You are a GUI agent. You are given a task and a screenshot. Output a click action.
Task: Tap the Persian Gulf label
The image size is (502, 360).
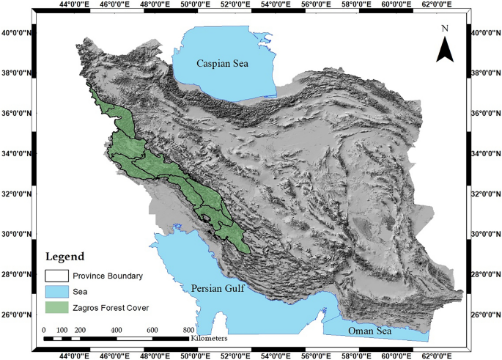220,288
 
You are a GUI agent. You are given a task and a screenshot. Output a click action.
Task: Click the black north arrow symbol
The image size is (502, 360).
444,50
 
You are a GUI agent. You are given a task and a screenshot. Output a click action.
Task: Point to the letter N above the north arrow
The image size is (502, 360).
444,29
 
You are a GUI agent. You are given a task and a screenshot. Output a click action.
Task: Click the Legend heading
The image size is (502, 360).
64,257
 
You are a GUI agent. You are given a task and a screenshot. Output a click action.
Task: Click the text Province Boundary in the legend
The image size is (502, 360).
113,276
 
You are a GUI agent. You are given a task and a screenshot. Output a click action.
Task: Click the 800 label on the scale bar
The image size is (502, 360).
188,330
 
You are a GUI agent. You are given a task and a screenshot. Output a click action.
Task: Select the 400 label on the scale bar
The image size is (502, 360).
116,330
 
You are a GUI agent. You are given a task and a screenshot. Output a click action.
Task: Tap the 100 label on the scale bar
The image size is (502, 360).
62,330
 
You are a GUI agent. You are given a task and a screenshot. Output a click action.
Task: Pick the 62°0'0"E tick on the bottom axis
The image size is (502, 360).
435,355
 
